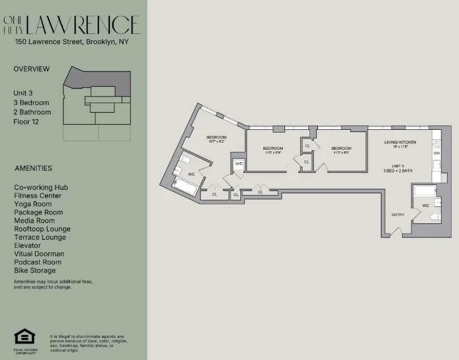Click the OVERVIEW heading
point(31,69)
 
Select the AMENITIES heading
point(33,168)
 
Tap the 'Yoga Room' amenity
point(33,204)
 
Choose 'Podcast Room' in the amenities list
point(38,262)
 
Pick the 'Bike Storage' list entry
point(35,270)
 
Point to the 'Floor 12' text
point(27,121)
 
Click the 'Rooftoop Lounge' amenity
point(42,229)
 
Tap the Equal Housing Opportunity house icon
point(24,337)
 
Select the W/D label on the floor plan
point(239,164)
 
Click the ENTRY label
point(398,215)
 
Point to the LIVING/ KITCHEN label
point(400,142)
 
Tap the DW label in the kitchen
point(436,153)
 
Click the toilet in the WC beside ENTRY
point(436,217)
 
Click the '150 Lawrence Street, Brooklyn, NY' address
point(73,41)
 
